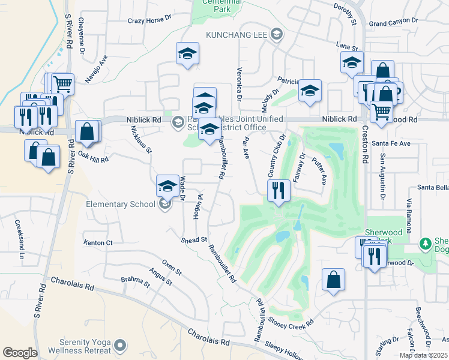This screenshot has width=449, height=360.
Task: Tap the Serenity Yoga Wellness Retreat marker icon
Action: point(121,345)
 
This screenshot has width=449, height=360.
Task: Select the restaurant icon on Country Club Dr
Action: point(278,191)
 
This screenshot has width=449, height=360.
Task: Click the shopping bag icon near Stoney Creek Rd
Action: point(333,280)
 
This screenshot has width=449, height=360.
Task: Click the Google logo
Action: point(20,352)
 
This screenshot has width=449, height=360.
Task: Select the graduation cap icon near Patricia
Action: point(310,91)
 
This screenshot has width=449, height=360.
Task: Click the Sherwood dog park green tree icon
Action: point(426,243)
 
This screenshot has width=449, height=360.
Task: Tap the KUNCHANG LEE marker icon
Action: point(276,34)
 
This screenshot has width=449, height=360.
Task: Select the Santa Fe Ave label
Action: point(391,143)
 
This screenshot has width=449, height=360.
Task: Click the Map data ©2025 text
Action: point(423,355)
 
